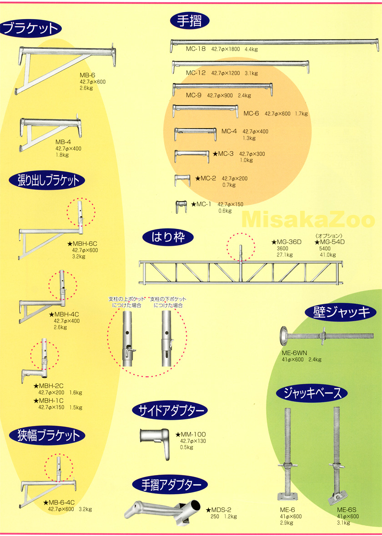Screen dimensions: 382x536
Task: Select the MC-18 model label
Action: (196, 49)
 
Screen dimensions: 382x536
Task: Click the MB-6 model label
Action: (87, 75)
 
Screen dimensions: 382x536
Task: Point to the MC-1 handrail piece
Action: (181, 206)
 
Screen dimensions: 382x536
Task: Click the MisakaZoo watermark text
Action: (308, 220)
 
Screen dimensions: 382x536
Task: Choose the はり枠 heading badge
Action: (168, 237)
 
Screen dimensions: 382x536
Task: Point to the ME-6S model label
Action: (347, 510)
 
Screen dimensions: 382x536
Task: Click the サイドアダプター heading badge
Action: (170, 411)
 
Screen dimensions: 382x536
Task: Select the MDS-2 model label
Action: (219, 510)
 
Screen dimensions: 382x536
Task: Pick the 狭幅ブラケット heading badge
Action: (47, 436)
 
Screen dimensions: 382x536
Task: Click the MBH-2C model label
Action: (49, 386)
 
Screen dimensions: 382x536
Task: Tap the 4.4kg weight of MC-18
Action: (251, 49)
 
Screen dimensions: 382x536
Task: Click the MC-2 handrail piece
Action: (182, 180)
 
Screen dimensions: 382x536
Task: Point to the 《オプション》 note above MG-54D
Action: (329, 236)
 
